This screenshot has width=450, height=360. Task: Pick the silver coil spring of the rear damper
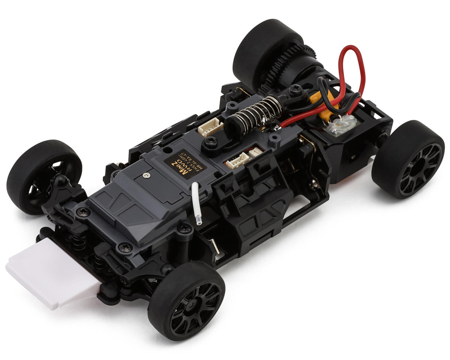coord(259,109)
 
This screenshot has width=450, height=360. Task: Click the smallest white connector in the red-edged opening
coord(256,151)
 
